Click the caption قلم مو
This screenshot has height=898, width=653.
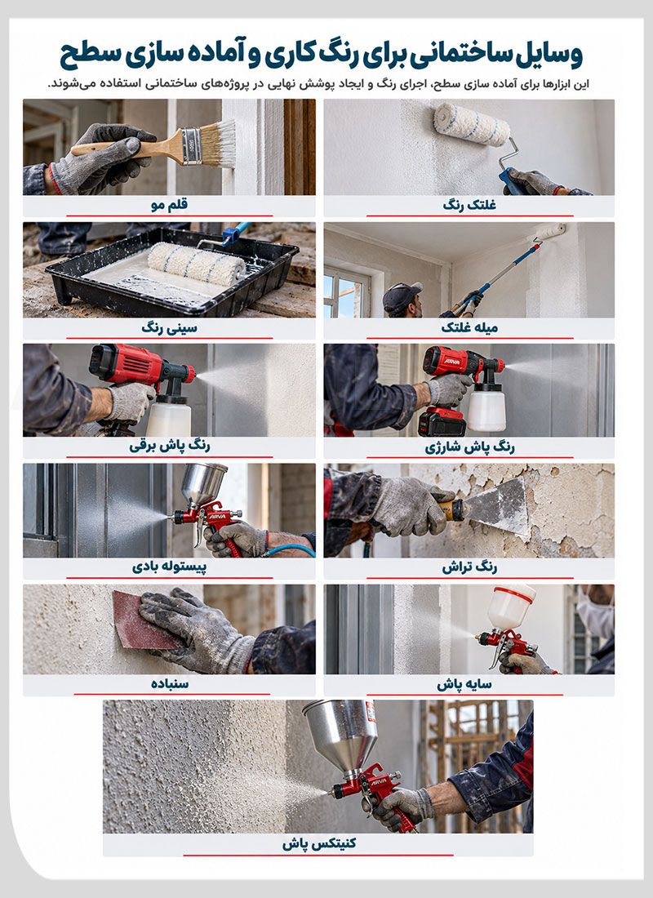(170, 205)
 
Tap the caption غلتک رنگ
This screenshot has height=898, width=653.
(469, 205)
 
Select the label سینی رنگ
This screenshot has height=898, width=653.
(170, 328)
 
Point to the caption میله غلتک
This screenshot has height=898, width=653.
(469, 327)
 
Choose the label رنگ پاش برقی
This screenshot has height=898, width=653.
(170, 446)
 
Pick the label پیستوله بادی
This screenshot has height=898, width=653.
(170, 567)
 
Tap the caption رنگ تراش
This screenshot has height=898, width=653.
(469, 567)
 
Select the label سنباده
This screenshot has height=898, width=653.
(170, 684)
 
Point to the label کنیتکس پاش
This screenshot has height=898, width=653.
(318, 843)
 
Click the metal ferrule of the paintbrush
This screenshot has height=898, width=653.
(191, 146)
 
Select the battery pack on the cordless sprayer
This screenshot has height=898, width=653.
(442, 422)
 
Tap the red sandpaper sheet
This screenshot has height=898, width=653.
(143, 620)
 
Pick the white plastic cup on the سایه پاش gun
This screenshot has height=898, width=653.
(511, 607)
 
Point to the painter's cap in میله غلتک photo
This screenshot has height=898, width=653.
(402, 295)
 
